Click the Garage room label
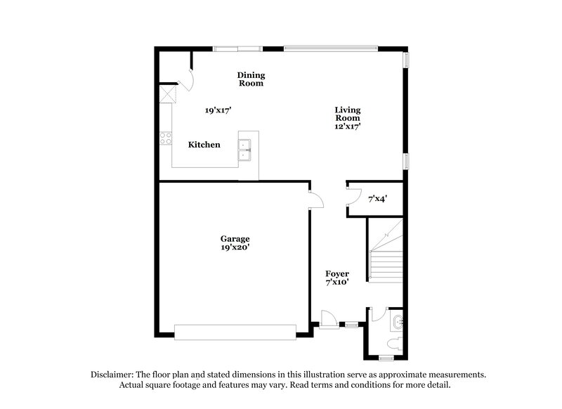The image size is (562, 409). [x=235, y=239]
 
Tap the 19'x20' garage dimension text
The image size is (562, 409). [x=235, y=247]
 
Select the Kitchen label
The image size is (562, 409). [x=204, y=145]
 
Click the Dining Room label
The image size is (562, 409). [x=251, y=79]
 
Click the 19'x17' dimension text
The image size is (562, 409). [x=218, y=110]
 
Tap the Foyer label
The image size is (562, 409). [x=337, y=273]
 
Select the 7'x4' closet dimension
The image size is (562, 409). [x=377, y=200]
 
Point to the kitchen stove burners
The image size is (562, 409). [x=166, y=138]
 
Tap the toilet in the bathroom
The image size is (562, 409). [x=396, y=343]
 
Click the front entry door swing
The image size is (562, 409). [x=328, y=318]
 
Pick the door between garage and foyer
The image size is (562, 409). [x=315, y=199]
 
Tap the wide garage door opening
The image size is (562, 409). [x=235, y=332]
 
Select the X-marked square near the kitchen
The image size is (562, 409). [x=167, y=94]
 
